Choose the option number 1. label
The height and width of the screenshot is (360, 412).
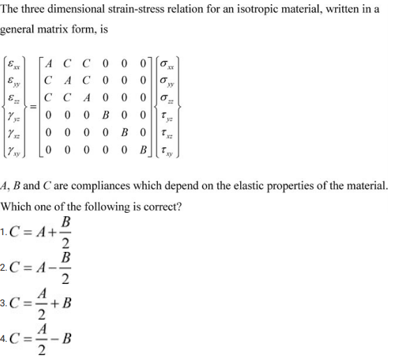tap(5, 231)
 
